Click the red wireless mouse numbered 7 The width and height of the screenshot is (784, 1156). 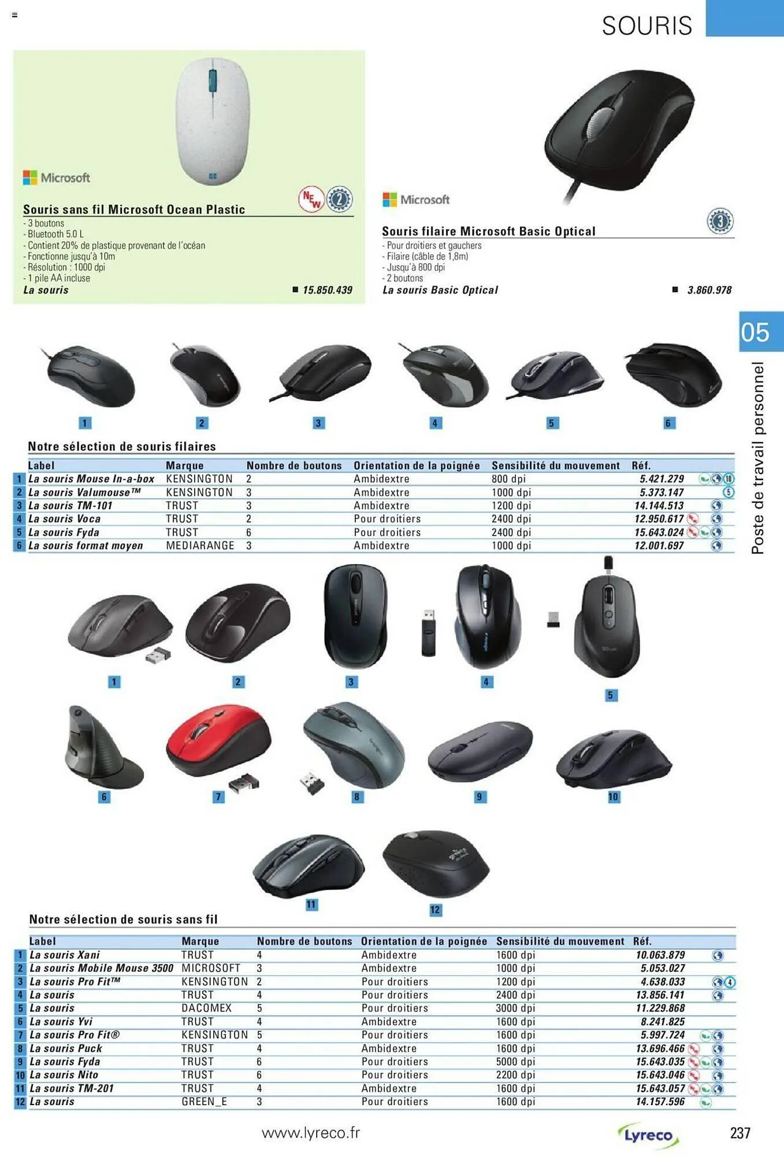pos(218,740)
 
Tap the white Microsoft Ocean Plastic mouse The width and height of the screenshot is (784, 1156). pos(213,121)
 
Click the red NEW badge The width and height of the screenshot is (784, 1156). pos(311,199)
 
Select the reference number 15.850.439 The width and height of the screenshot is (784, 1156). pos(328,290)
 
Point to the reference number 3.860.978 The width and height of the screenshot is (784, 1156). pos(709,290)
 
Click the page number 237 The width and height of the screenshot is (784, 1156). pos(740,1133)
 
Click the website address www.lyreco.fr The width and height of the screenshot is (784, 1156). pos(311,1133)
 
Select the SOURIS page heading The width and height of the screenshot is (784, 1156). pos(647,25)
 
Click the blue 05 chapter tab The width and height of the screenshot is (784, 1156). pos(761,332)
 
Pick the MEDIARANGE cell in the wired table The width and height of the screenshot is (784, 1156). pos(200,546)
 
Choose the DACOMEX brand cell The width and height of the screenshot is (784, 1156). pos(206,1008)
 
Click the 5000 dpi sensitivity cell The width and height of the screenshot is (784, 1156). pos(516,1062)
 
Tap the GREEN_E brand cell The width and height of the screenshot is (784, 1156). pos(205,1102)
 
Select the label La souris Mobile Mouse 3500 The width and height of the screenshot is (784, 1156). pos(101,968)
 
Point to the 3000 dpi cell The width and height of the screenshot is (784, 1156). pos(516,1008)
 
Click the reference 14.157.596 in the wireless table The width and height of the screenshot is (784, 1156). pos(660,1102)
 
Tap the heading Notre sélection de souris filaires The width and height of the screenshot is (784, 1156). pos(122,446)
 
